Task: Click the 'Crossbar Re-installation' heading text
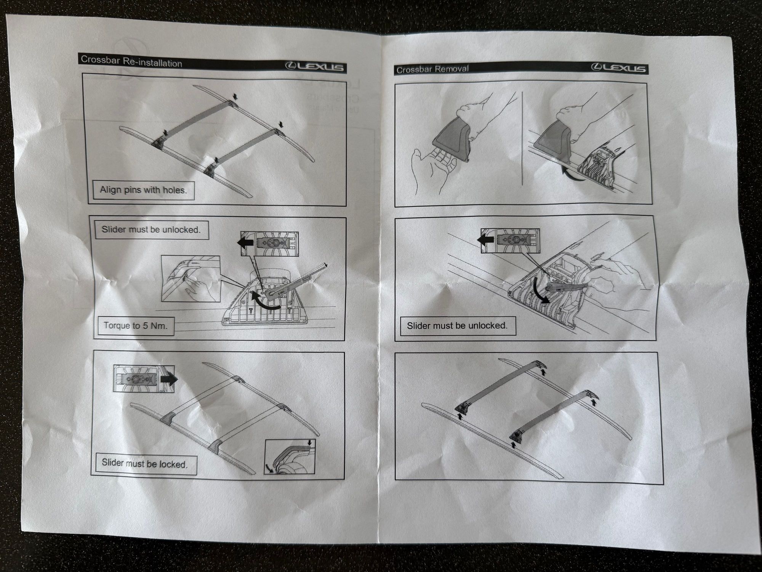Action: [x=131, y=61]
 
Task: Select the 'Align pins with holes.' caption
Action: [x=143, y=190]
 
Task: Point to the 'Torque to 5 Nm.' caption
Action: [x=135, y=326]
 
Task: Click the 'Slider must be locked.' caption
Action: [x=144, y=464]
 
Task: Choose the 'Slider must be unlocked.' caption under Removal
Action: [x=457, y=326]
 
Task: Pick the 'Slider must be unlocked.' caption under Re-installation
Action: [x=151, y=230]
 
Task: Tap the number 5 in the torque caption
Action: [x=145, y=326]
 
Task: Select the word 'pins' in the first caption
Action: [x=130, y=190]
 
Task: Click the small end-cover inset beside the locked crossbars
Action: [x=290, y=456]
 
